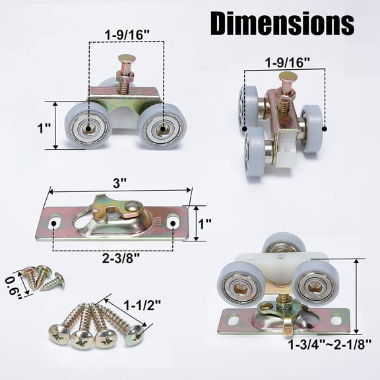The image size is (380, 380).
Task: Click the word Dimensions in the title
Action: click(282, 24)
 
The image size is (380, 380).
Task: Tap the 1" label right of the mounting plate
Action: click(204, 224)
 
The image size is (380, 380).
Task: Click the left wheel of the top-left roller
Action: click(87, 124)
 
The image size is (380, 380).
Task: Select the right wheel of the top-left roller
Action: click(162, 125)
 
